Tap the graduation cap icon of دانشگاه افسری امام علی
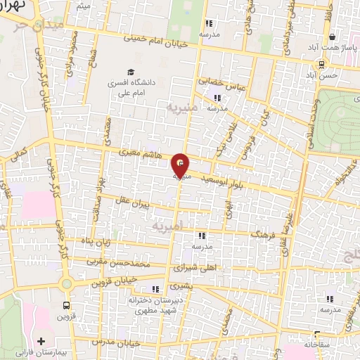(x=130, y=72)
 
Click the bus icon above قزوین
(x=67, y=305)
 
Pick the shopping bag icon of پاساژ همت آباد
(x=332, y=37)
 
